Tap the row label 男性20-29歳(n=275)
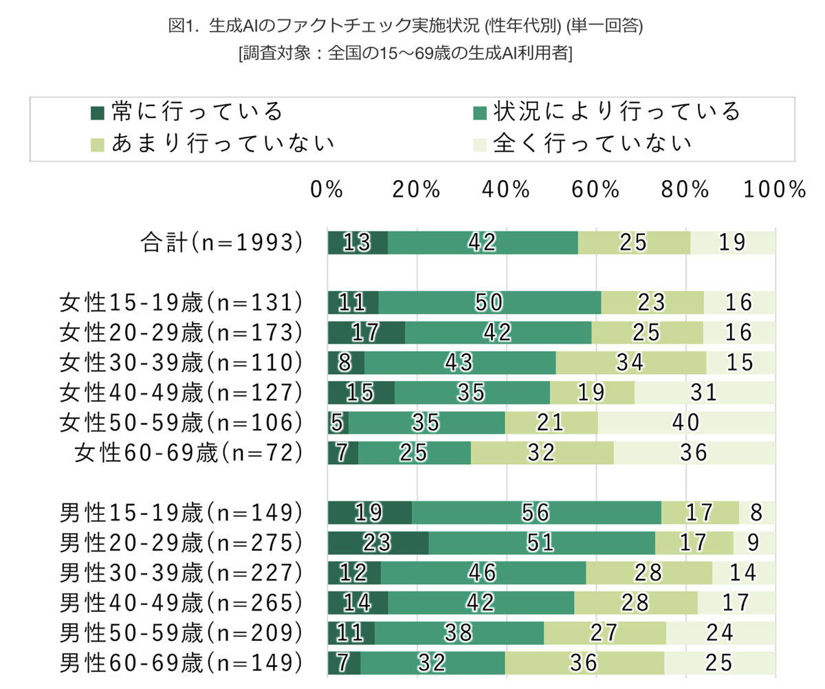pos(181,542)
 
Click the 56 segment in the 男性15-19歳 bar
pos(536,512)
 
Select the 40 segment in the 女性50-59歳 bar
pos(685,422)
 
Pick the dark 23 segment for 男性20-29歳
pos(378,542)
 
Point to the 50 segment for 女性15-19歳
pos(489,302)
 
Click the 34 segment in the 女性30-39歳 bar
pos(631,362)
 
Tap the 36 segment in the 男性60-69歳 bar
pos(585,661)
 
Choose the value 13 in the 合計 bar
pos(357,242)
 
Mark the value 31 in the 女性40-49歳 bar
pos(704,392)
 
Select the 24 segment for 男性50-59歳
pos(720,632)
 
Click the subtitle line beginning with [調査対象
pos(405,54)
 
